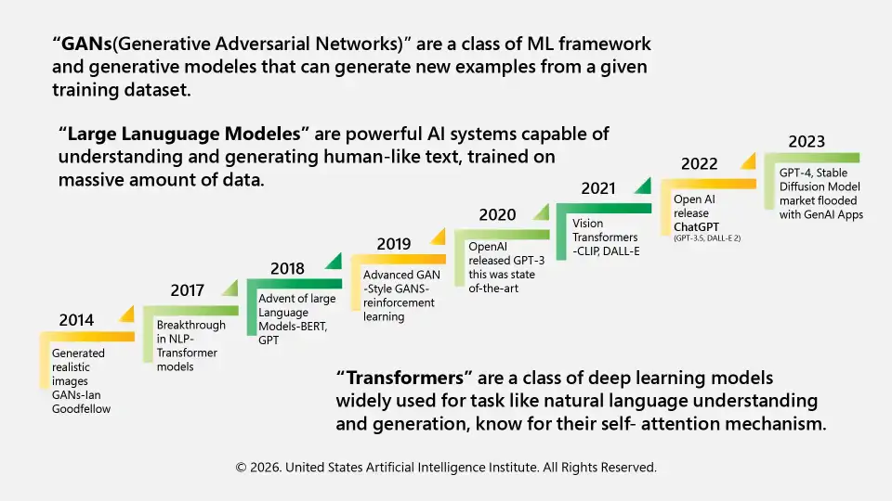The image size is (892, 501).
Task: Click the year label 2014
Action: point(76,320)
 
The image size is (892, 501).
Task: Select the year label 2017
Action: point(187,290)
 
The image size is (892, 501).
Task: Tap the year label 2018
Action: point(287,268)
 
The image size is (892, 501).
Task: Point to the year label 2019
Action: point(393,244)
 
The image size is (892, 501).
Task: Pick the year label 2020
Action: point(497,215)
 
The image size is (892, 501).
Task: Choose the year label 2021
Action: point(598,188)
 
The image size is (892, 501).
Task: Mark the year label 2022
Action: point(699,164)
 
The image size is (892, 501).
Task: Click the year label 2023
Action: point(807,142)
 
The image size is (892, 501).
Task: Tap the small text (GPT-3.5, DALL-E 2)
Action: point(707,239)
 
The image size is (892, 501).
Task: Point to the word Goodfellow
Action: point(81,408)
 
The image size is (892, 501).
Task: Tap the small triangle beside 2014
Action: point(126,313)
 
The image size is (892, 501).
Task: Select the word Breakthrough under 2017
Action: point(190,326)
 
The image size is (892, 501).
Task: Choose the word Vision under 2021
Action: point(587,224)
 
